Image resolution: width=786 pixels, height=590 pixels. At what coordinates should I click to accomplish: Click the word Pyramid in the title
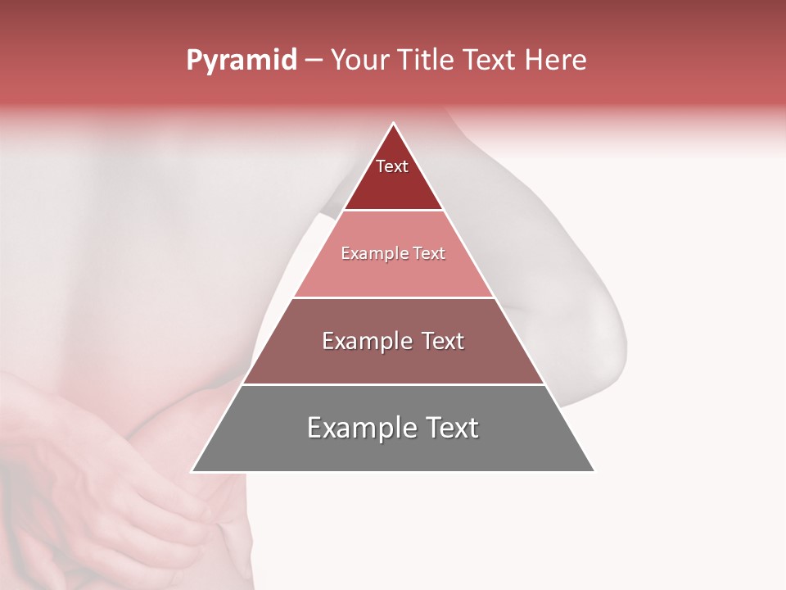242,61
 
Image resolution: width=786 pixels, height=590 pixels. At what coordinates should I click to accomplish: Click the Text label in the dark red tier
392,166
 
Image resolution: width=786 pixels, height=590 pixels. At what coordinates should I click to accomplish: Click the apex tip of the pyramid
393,125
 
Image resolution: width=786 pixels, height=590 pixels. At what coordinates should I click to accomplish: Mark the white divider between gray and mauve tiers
393,384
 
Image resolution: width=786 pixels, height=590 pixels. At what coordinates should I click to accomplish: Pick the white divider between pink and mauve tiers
393,297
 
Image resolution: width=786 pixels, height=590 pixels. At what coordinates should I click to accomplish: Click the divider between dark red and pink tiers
393,211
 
